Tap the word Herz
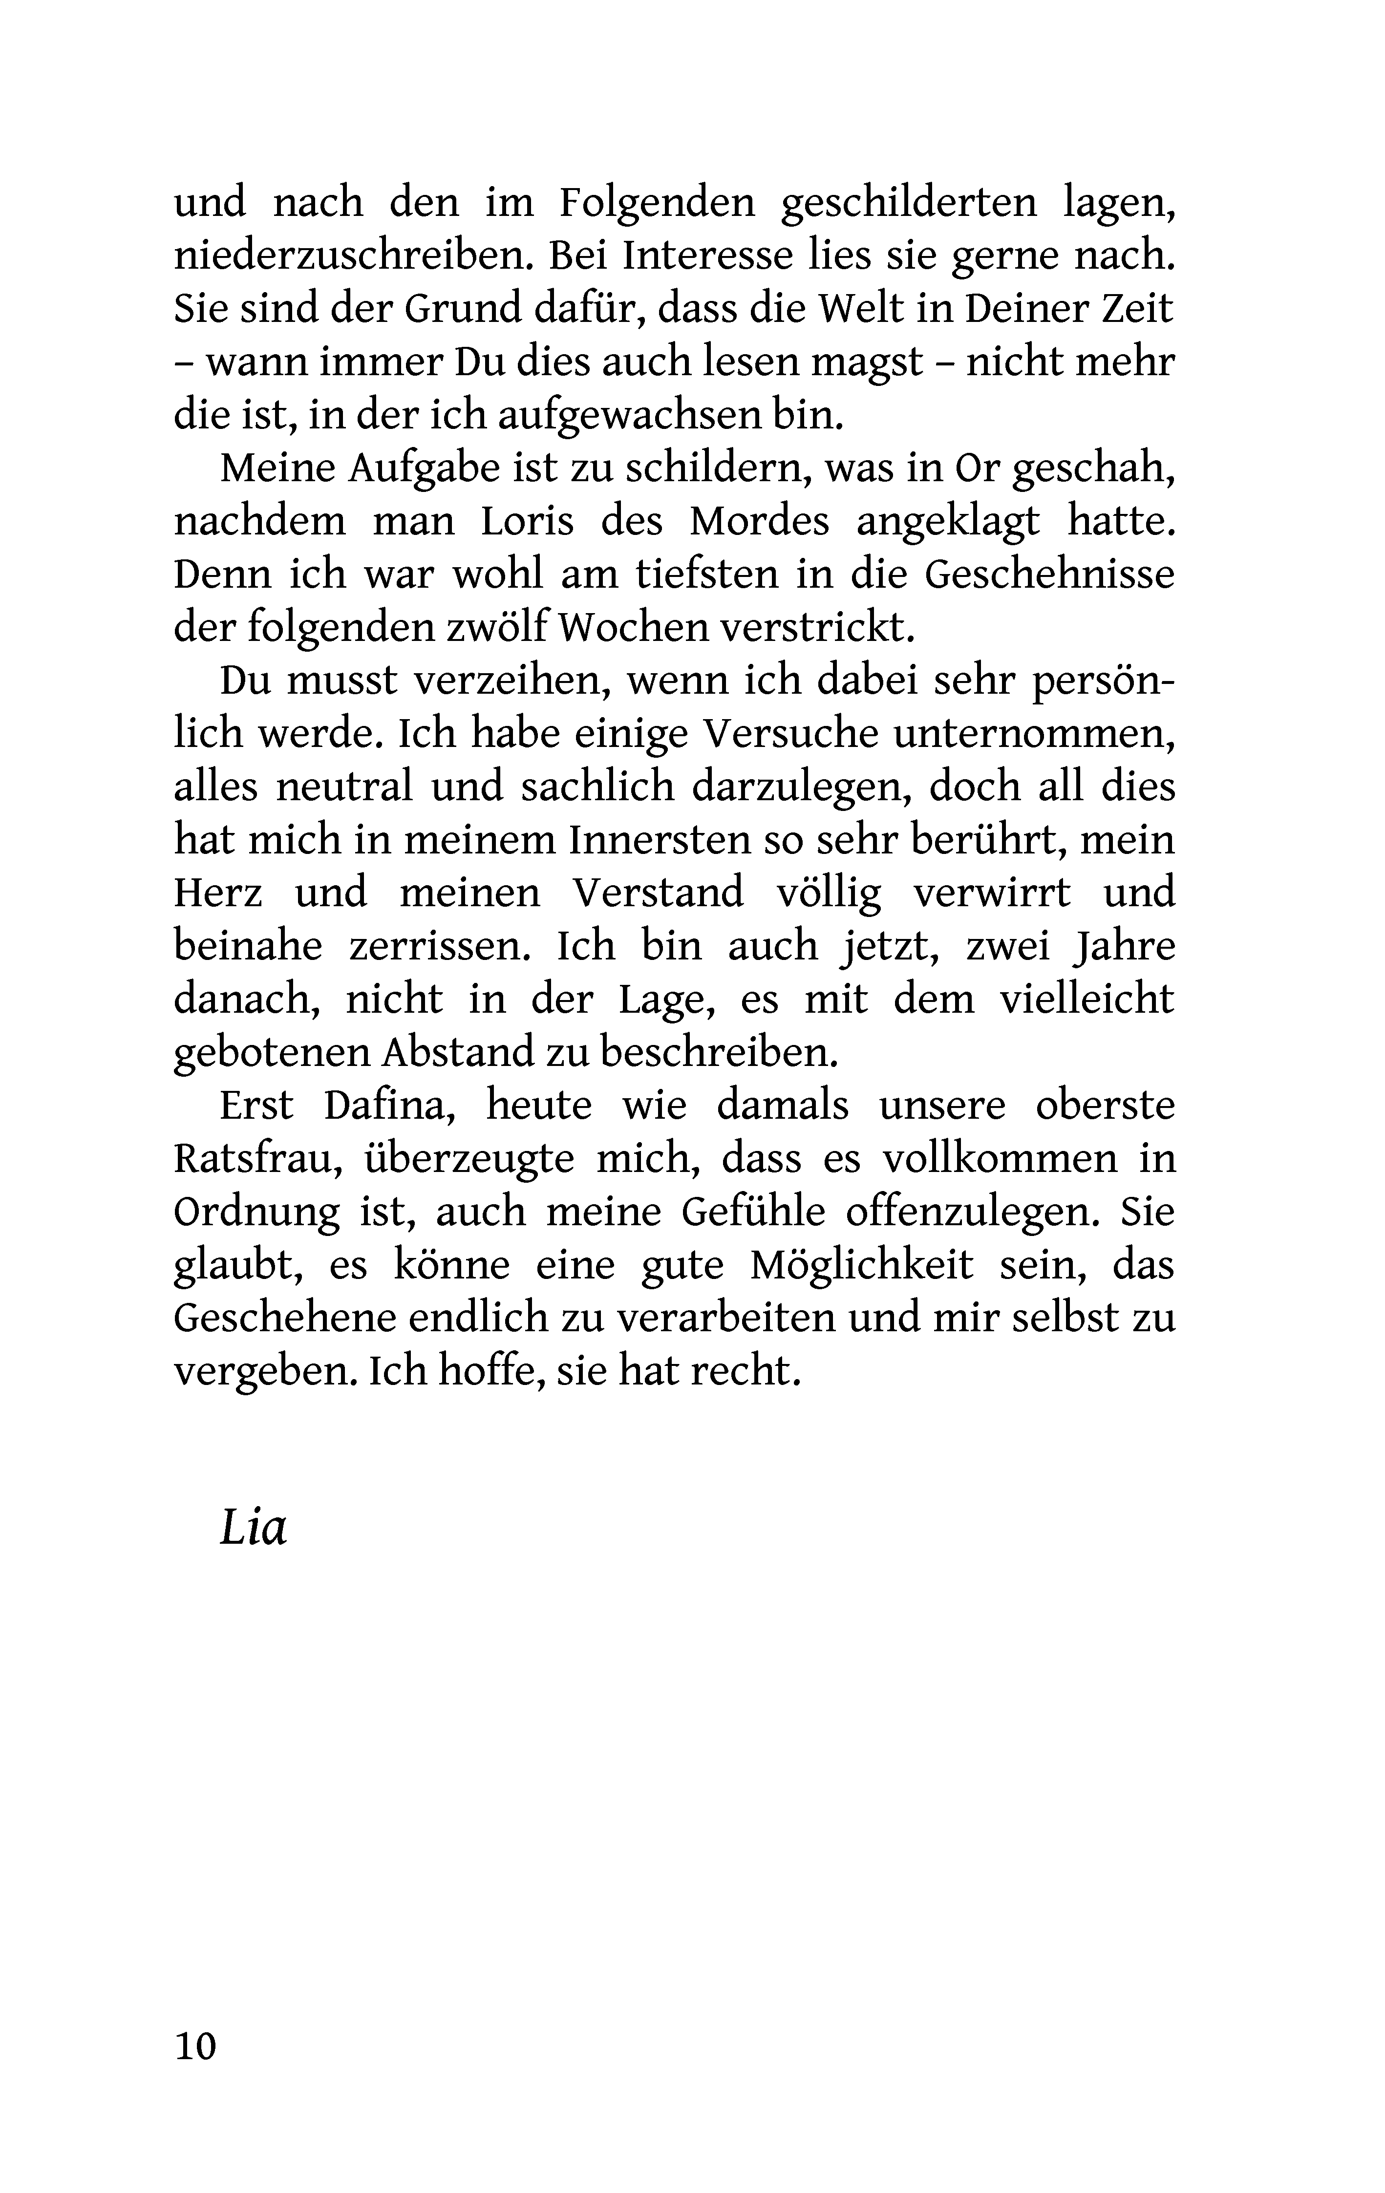(x=218, y=893)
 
